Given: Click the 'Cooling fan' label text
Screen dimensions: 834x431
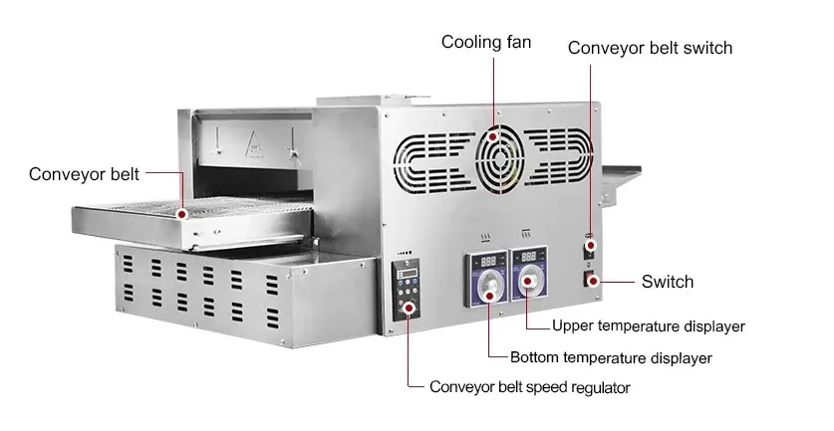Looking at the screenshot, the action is [486, 42].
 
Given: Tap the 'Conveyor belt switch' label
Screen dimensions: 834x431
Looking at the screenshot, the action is [650, 48].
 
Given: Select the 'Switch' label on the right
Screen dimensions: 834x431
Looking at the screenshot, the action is [667, 282].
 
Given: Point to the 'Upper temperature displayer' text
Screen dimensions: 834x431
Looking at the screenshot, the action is [649, 325].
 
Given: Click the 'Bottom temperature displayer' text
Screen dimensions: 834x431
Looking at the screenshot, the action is [611, 357].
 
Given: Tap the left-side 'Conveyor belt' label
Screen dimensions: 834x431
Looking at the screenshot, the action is [84, 174].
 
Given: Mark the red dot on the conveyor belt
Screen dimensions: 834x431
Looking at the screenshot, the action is [181, 213].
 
